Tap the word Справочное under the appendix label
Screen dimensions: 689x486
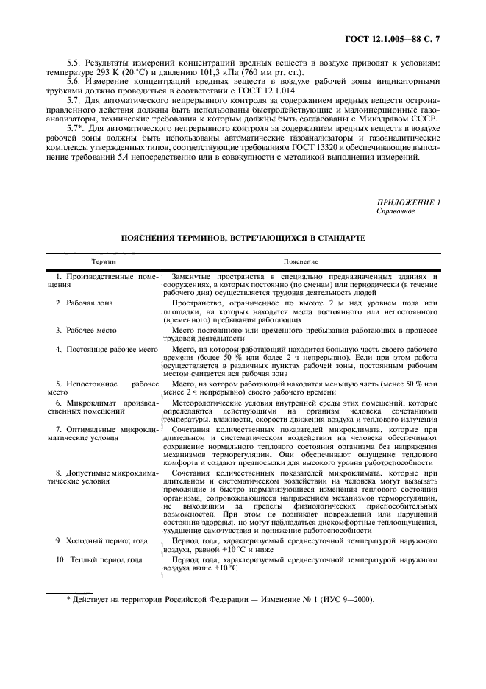pyautogui.click(x=396, y=211)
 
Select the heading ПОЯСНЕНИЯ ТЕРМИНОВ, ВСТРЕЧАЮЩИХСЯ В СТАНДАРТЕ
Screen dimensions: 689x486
pyautogui.click(x=243, y=240)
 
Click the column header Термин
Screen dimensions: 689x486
pyautogui.click(x=103, y=261)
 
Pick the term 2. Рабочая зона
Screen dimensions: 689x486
pyautogui.click(x=86, y=303)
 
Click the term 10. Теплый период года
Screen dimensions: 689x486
pyautogui.click(x=99, y=559)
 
